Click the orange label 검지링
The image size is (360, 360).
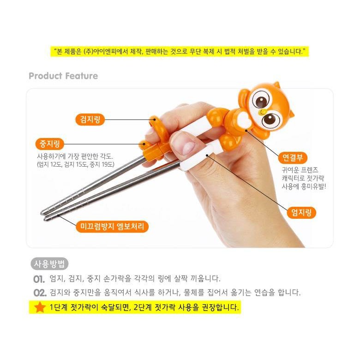tap(90, 120)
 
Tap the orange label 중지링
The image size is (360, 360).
tap(49, 144)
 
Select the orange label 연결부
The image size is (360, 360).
tap(292, 157)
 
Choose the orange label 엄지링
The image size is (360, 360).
tap(301, 212)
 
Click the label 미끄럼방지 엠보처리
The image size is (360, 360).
tap(112, 227)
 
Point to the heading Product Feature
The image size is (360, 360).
tap(63, 76)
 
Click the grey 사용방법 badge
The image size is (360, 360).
tap(49, 264)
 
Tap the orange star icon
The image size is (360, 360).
tap(40, 307)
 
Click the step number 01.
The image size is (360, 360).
tap(39, 279)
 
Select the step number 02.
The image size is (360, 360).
tap(40, 293)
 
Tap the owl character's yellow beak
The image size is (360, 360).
tap(263, 112)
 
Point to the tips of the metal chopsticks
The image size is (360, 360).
tap(45, 215)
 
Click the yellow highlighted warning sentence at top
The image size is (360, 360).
tap(180, 51)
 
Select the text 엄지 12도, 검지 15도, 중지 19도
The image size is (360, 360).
tap(76, 164)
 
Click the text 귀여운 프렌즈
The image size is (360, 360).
tap(300, 170)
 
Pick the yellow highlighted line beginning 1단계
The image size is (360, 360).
tap(135, 307)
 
